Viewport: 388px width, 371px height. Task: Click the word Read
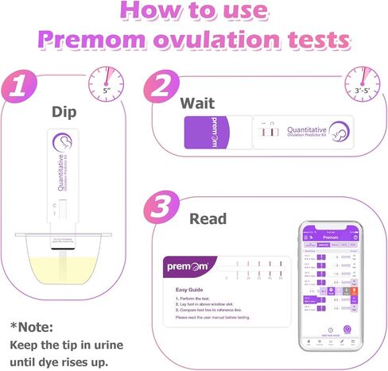point(208,218)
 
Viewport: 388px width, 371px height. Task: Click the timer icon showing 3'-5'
point(361,79)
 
